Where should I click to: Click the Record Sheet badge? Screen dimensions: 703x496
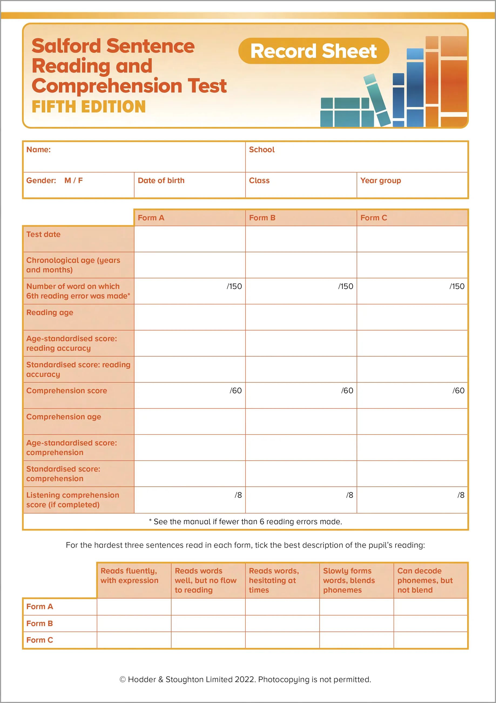coord(313,51)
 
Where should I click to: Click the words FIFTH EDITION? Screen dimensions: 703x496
coord(89,107)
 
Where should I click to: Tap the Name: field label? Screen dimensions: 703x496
coord(39,150)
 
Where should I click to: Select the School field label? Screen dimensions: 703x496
coord(262,150)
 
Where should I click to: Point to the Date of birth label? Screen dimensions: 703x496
coord(161,180)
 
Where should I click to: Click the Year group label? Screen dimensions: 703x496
coord(380,180)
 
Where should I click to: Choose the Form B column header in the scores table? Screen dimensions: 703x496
coord(262,218)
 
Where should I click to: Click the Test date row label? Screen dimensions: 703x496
coord(43,234)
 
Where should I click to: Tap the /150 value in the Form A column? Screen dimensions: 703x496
coord(234,286)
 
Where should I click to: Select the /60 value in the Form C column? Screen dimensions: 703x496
coord(458,390)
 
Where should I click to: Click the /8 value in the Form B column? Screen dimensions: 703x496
coord(350,495)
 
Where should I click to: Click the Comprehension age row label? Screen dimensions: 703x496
coord(64,417)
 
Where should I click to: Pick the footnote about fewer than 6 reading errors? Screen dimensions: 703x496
coord(245,521)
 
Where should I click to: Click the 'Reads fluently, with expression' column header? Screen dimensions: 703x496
coord(130,576)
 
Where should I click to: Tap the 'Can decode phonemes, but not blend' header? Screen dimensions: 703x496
coord(425,580)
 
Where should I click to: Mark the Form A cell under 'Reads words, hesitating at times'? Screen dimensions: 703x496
coord(282,606)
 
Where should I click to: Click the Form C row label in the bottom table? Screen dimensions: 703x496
coord(40,640)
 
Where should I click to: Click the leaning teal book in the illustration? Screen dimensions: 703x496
coord(377,100)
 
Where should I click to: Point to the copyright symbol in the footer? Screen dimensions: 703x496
coord(123,679)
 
